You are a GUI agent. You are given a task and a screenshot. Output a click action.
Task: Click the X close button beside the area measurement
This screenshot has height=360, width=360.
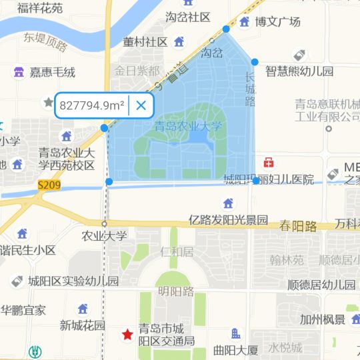tap(141, 105)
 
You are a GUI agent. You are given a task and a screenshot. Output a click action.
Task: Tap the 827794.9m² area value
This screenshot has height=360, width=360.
tap(92, 105)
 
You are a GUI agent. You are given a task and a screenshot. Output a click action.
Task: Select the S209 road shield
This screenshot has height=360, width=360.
tap(49, 185)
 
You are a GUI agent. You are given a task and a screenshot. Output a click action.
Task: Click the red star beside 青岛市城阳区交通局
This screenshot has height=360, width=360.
tap(127, 334)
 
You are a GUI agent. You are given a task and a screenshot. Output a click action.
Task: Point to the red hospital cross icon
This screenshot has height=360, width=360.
tap(269, 162)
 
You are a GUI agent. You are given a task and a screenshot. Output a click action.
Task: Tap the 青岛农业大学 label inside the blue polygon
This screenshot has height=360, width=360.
tap(188, 125)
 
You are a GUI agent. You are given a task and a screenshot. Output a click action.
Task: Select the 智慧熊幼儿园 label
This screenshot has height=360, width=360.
tap(299, 71)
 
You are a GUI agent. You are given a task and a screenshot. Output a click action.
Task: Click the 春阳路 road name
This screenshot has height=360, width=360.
tap(298, 225)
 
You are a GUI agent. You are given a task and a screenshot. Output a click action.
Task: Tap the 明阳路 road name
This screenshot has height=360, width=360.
tap(175, 291)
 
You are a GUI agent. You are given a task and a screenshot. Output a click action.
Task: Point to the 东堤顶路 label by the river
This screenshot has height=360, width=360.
tap(45, 41)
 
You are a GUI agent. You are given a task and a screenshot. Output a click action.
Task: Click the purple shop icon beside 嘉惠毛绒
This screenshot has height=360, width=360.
tap(19, 72)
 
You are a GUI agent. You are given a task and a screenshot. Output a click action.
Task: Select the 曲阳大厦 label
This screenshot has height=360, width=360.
tap(235, 350)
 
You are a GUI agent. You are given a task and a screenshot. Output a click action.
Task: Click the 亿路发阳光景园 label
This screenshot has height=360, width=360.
tap(228, 219)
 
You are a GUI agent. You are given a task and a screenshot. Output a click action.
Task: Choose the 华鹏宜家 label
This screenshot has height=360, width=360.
tap(23, 310)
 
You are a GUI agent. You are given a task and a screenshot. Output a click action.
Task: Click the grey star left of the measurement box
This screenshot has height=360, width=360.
tap(48, 102)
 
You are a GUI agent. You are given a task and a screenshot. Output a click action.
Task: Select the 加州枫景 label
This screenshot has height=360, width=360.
tap(322, 319)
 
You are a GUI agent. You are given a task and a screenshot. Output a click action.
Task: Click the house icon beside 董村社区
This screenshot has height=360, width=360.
tap(179, 42)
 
